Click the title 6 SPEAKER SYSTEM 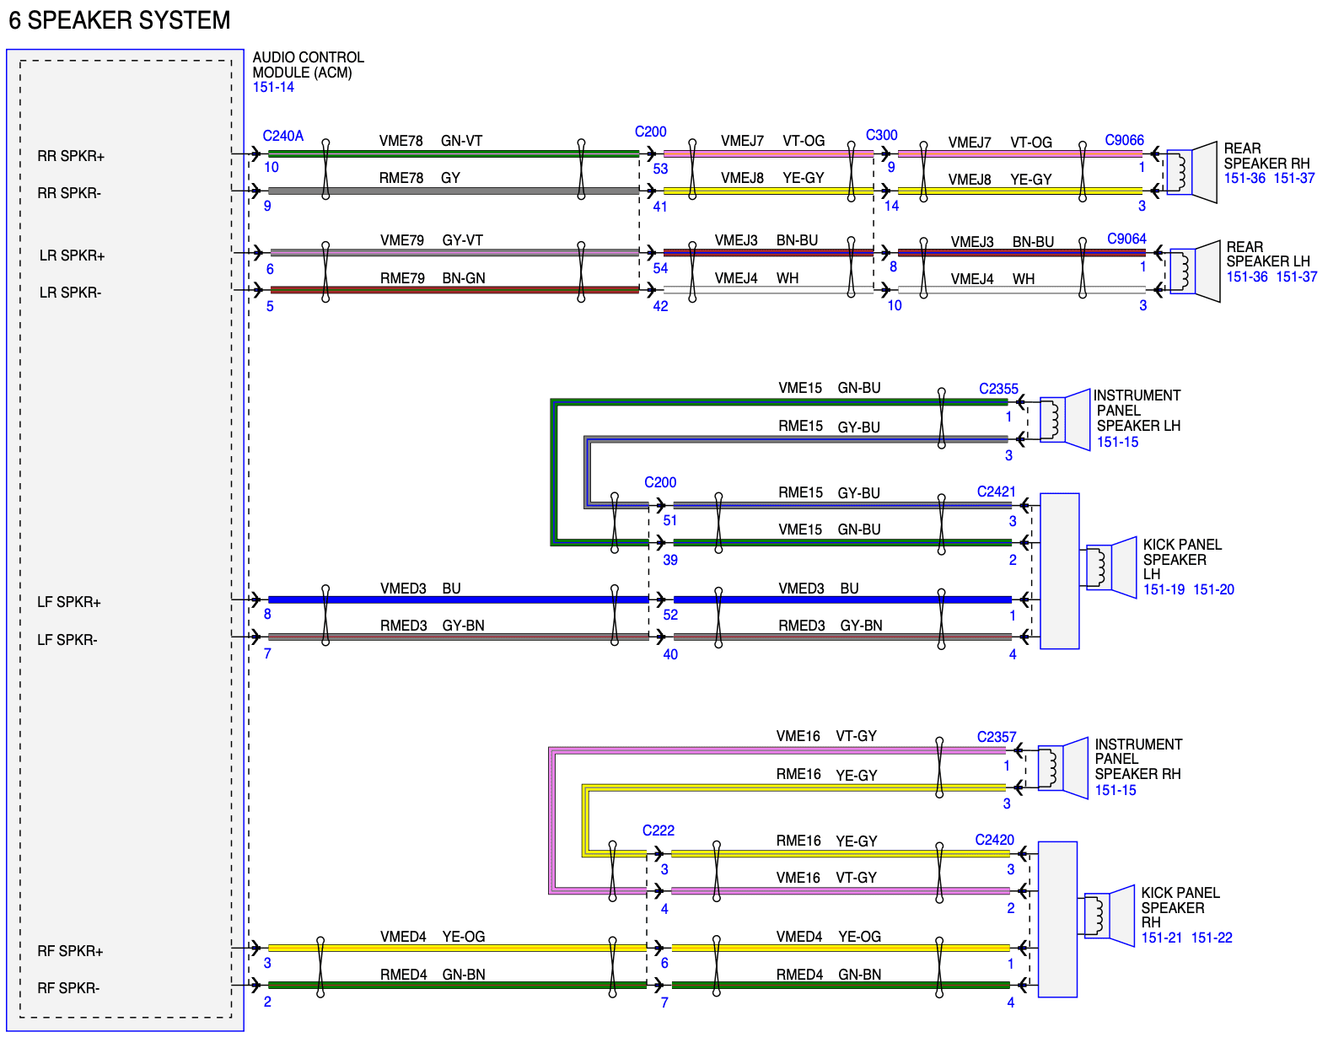(x=120, y=20)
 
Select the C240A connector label (x=282, y=136)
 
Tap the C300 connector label (x=881, y=136)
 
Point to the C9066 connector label (x=1124, y=140)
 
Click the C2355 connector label (x=997, y=389)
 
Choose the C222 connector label (x=658, y=830)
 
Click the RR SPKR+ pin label (x=71, y=156)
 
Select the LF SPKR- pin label (x=67, y=639)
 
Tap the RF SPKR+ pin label (x=70, y=950)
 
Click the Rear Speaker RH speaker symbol (x=1191, y=172)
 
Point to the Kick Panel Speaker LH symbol (x=1110, y=567)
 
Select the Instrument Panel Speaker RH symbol (x=1062, y=768)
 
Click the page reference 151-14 (x=272, y=87)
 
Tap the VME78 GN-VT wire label (x=431, y=141)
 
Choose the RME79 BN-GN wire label (x=433, y=278)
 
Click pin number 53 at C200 (x=660, y=169)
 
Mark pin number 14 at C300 (x=890, y=206)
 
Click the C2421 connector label (x=996, y=492)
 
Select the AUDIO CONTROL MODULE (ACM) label (x=308, y=65)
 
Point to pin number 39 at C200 (x=669, y=560)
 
